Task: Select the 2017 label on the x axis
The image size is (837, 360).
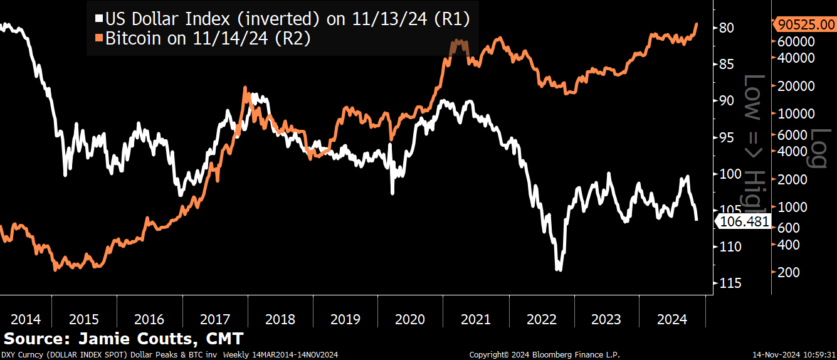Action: (215, 319)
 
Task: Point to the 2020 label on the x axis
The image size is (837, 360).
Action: (410, 319)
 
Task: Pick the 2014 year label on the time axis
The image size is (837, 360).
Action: (25, 319)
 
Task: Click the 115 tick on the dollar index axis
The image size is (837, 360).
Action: (729, 283)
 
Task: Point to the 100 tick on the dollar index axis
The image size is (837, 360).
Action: (729, 174)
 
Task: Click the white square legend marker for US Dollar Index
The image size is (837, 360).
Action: (98, 19)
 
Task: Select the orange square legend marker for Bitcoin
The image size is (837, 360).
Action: (98, 39)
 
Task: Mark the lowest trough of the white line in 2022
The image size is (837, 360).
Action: (559, 269)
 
